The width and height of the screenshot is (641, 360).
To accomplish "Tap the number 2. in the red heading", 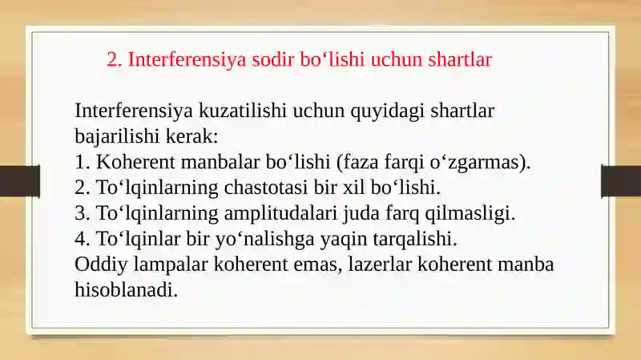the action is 115,59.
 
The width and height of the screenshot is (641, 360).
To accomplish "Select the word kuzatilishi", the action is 243,111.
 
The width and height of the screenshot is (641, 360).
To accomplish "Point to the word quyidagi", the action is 387,111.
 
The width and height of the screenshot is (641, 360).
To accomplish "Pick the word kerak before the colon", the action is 189,136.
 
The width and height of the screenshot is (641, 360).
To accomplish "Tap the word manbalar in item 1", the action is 220,162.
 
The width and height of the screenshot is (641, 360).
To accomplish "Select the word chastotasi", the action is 266,188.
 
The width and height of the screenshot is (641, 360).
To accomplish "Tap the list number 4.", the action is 83,239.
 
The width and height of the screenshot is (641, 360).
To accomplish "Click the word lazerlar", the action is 380,265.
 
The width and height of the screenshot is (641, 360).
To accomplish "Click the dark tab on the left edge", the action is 19,181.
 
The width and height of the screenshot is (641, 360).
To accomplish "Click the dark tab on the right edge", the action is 621,181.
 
